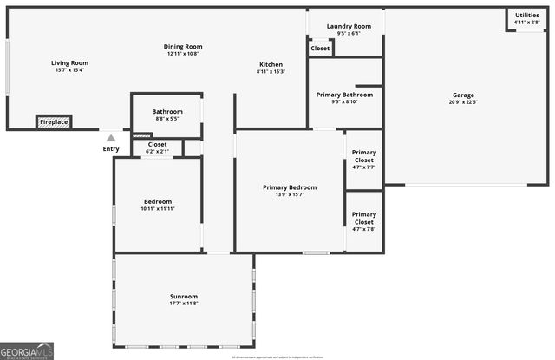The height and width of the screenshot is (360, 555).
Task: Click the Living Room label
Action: [70, 62]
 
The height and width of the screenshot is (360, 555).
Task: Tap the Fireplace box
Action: [54, 122]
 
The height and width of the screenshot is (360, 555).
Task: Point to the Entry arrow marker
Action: [111, 137]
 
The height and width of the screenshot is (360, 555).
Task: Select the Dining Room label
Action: [183, 46]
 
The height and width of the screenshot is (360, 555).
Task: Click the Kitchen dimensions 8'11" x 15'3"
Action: [271, 72]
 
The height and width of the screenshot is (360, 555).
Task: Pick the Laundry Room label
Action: [349, 26]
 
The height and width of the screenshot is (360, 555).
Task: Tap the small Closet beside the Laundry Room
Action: [320, 49]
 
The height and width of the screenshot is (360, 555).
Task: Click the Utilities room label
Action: [526, 15]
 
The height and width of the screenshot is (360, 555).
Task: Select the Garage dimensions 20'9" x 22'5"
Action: [463, 102]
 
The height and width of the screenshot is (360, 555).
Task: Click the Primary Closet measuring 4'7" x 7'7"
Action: [364, 167]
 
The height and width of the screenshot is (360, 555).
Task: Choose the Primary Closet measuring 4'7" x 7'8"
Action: [364, 228]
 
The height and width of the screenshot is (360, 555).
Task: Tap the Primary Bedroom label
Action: [290, 187]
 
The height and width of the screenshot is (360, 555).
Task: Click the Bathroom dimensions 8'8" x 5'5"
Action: [167, 119]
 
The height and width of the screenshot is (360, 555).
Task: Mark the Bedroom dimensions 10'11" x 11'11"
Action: [158, 209]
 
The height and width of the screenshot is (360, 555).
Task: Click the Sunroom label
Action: [184, 296]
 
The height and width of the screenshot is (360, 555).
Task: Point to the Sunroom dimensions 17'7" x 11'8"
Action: [184, 304]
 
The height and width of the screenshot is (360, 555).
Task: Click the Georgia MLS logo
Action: [27, 350]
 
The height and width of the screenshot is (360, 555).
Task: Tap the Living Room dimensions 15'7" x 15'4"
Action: [70, 70]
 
